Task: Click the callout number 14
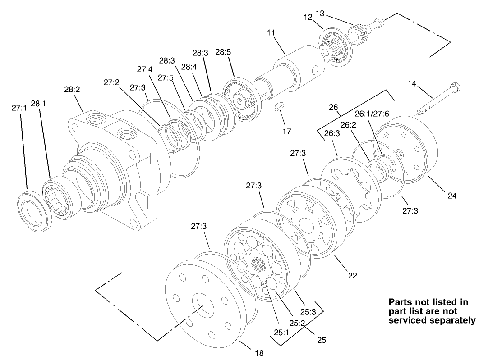413,83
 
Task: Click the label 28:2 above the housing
72,90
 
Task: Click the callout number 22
352,275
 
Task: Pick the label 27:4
145,69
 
